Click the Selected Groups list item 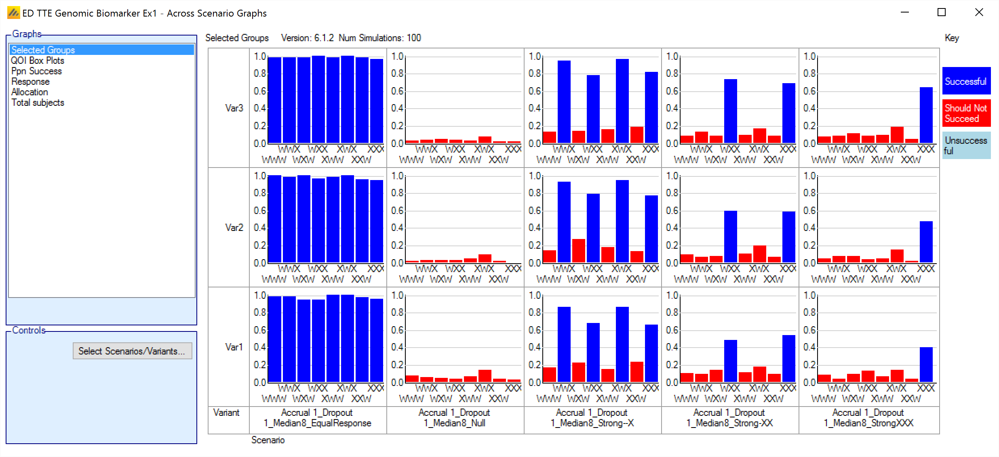43,50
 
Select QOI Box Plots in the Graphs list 38,61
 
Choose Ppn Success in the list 36,71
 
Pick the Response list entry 30,82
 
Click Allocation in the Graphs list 30,92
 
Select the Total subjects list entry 38,103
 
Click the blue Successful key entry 966,81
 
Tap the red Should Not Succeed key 966,113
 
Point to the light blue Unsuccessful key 966,145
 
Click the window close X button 979,13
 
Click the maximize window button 942,13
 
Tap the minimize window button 905,13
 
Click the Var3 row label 234,108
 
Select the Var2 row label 234,228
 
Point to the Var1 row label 234,347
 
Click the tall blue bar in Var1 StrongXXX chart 926,365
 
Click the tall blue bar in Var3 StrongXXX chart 926,115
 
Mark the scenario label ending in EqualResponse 317,418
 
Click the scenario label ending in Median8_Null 455,418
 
